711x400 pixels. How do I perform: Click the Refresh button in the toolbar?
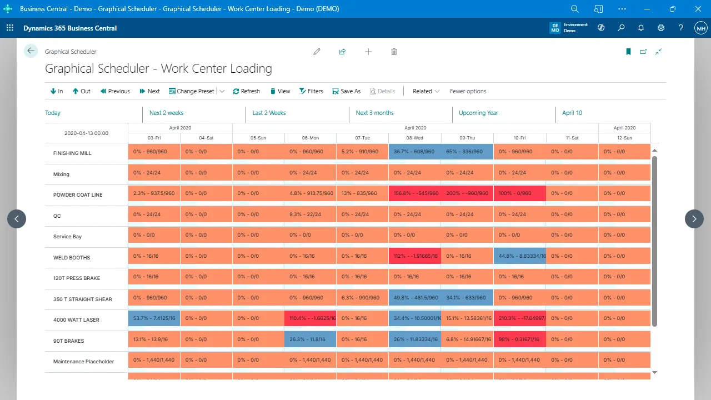tap(246, 91)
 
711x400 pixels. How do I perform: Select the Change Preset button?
tap(192, 91)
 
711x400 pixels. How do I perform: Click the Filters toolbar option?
tap(311, 91)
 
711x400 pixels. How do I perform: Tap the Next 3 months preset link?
tap(374, 113)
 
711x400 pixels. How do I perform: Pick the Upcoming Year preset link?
tap(478, 113)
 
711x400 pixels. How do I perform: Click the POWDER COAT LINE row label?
tap(78, 195)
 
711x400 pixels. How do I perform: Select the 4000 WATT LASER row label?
tap(76, 320)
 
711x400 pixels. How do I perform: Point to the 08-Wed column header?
tap(414, 137)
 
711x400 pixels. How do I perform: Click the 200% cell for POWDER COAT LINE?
tap(467, 193)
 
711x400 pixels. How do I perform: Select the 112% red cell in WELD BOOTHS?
tap(414, 256)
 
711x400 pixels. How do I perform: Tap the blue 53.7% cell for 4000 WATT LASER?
tap(154, 318)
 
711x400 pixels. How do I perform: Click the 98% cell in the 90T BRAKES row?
tap(519, 339)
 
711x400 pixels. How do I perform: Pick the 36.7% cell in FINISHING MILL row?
tap(414, 152)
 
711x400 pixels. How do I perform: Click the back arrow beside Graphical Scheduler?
tap(31, 51)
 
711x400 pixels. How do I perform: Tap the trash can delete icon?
tap(394, 52)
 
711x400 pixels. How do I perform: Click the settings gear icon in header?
tap(661, 28)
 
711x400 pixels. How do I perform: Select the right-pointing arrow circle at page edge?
tap(694, 219)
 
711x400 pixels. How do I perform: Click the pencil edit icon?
tap(317, 52)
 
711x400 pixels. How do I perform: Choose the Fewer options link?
tap(468, 91)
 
